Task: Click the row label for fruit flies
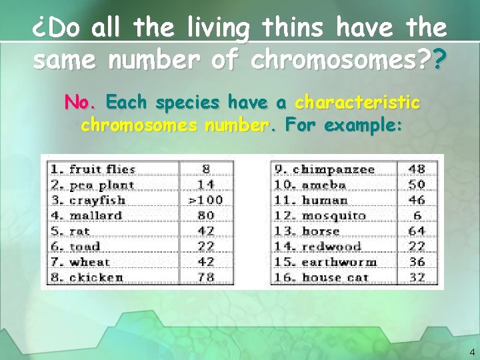(x=93, y=169)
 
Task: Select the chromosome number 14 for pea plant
(x=206, y=185)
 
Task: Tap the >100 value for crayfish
(x=206, y=200)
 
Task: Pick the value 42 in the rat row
(x=206, y=231)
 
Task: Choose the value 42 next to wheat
(x=206, y=261)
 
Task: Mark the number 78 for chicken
(x=206, y=277)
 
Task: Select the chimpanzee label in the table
(x=325, y=169)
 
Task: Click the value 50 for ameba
(x=417, y=185)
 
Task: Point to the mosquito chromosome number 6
(x=417, y=215)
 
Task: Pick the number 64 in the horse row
(x=417, y=231)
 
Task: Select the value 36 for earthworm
(x=417, y=261)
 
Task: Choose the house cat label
(x=327, y=277)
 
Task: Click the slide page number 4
(x=472, y=351)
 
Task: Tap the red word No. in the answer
(x=81, y=103)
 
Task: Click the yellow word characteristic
(x=357, y=103)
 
